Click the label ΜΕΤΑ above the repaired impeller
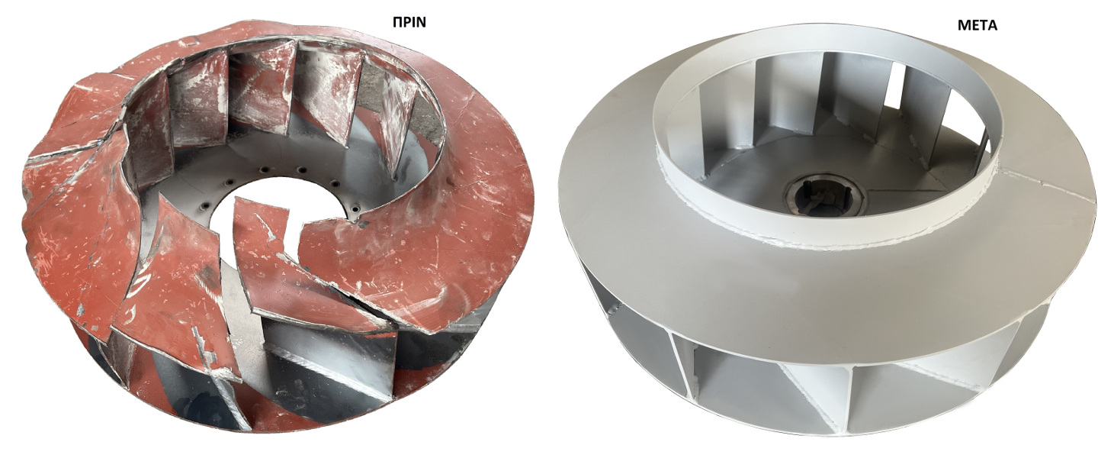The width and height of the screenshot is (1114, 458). tap(978, 25)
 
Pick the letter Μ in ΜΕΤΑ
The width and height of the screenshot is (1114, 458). tap(964, 25)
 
